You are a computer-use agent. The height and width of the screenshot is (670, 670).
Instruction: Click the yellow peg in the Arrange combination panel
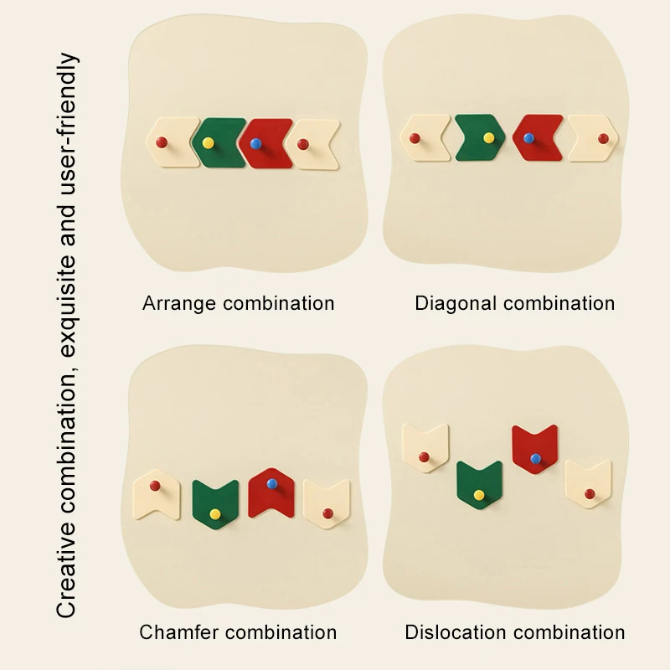click(x=208, y=142)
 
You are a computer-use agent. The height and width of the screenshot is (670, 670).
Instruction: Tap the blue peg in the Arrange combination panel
click(x=255, y=143)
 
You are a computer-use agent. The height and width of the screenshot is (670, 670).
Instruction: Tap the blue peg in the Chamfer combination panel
click(x=271, y=483)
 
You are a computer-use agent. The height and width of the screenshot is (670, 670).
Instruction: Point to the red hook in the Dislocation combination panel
click(x=535, y=448)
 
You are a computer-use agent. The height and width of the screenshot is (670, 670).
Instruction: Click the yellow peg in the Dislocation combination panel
click(x=479, y=495)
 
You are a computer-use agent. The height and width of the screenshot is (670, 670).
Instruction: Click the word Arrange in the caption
click(x=178, y=303)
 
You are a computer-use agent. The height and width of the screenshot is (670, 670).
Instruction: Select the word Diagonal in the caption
click(x=454, y=303)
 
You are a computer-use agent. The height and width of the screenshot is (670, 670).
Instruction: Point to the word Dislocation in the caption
click(x=453, y=631)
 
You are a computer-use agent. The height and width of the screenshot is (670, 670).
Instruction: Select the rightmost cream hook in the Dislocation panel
click(x=588, y=484)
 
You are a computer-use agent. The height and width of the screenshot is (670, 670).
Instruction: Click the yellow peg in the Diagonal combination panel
click(x=488, y=137)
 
